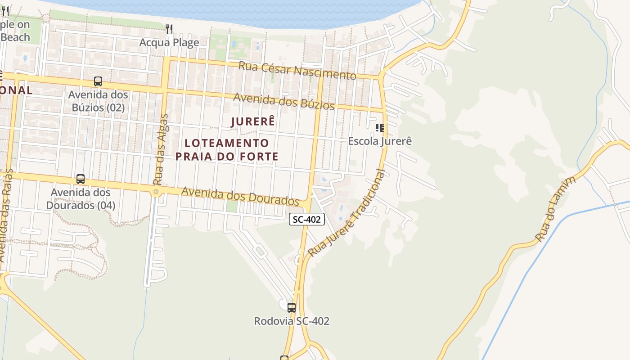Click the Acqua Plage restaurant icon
tap(169, 29)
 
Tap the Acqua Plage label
tap(169, 43)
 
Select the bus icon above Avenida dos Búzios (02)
tap(98, 81)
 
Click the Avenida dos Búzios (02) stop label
tap(98, 101)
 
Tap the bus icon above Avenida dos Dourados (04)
tap(81, 179)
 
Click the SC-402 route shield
tap(306, 219)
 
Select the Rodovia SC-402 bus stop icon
tap(292, 308)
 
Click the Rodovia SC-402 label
tap(292, 321)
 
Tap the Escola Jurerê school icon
tap(380, 128)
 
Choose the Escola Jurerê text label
tap(380, 141)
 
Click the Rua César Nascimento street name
tap(297, 70)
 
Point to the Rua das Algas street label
tap(161, 149)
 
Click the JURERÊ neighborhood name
tap(253, 121)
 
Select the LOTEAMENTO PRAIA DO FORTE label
tap(227, 150)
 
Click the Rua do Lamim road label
tap(556, 209)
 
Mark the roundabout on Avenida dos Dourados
tap(156, 192)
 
